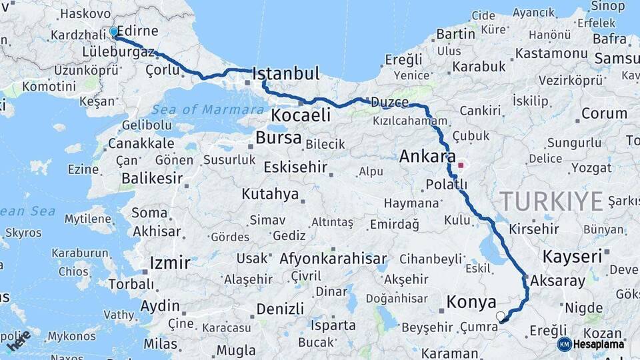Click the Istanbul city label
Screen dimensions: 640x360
(287, 73)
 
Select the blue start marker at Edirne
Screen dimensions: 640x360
(113, 31)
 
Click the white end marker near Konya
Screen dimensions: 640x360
(501, 316)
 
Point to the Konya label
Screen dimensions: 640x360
(471, 302)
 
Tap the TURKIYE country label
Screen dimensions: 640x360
(551, 201)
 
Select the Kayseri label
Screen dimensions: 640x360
(572, 256)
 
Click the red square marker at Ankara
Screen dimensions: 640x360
(461, 164)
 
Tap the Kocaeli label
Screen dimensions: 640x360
(301, 115)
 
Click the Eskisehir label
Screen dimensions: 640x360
(295, 167)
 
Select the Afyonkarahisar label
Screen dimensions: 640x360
(333, 259)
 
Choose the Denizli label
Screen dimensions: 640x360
(280, 309)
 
